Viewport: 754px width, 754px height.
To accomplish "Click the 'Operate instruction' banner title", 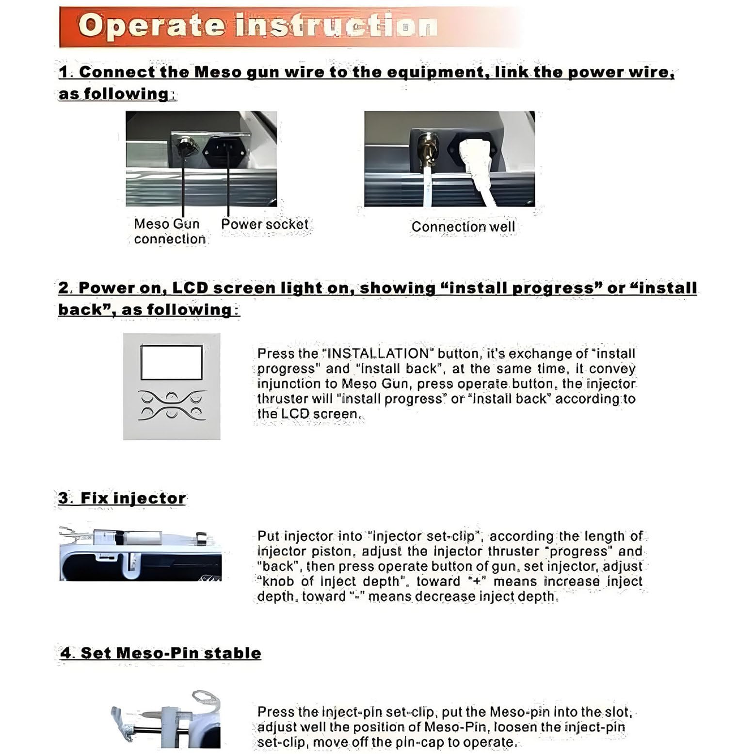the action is point(257,25).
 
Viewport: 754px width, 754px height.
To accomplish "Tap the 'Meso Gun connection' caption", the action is point(169,231).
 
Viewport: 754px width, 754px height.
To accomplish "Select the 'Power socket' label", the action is point(264,224).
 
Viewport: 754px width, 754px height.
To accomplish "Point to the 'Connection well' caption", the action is point(463,226).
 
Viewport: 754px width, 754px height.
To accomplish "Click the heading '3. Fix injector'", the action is point(122,498).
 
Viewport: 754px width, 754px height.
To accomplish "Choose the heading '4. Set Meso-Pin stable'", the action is point(160,653).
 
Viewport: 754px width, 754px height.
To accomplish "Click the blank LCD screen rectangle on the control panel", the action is point(172,362).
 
